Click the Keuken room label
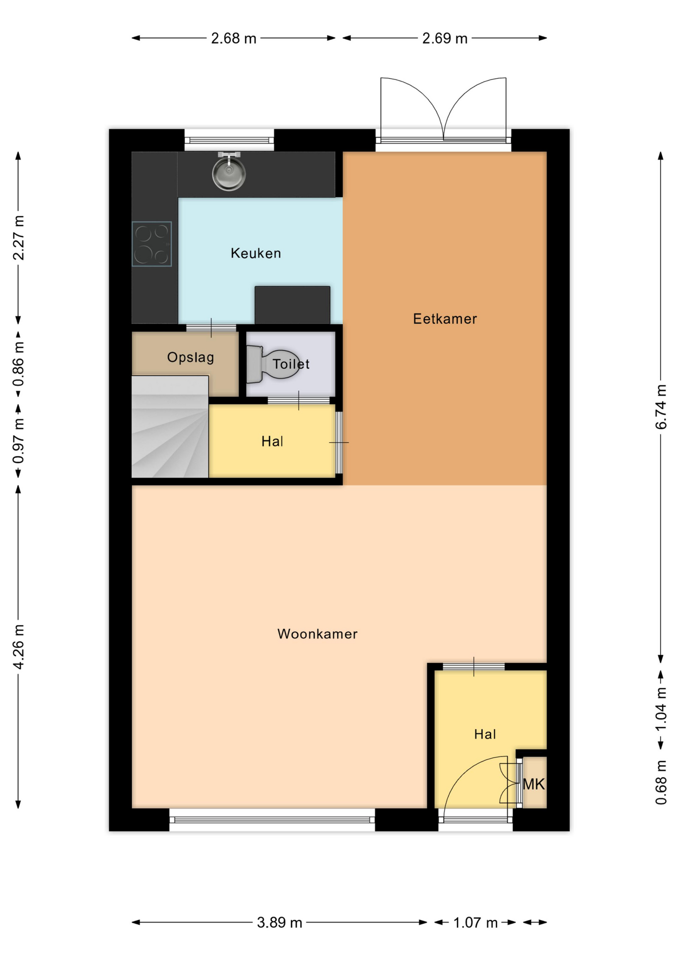tap(255, 253)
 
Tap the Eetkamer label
tap(445, 319)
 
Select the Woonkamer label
tap(317, 634)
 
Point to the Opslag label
tap(190, 357)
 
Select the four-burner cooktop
tap(152, 244)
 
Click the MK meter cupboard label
tap(533, 784)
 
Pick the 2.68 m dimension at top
tap(233, 38)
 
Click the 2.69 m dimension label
tap(444, 38)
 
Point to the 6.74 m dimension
tap(661, 406)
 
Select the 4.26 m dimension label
tap(18, 646)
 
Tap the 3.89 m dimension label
tap(279, 922)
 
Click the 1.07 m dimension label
tap(475, 922)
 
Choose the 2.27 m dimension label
tap(18, 238)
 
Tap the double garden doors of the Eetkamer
tap(443, 109)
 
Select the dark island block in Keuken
tap(292, 305)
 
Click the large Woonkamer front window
tap(272, 820)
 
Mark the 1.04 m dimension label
tap(661, 709)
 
